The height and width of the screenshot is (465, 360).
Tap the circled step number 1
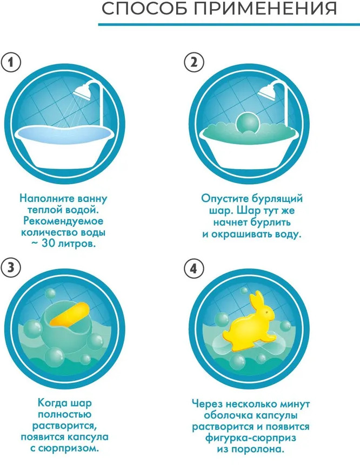point(11,62)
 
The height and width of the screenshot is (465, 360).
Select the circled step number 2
point(195,62)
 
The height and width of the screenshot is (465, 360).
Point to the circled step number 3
point(11,268)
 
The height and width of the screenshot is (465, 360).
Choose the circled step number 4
point(195,268)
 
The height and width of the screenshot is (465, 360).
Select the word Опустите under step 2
point(225,198)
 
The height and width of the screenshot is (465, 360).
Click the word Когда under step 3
point(53,403)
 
